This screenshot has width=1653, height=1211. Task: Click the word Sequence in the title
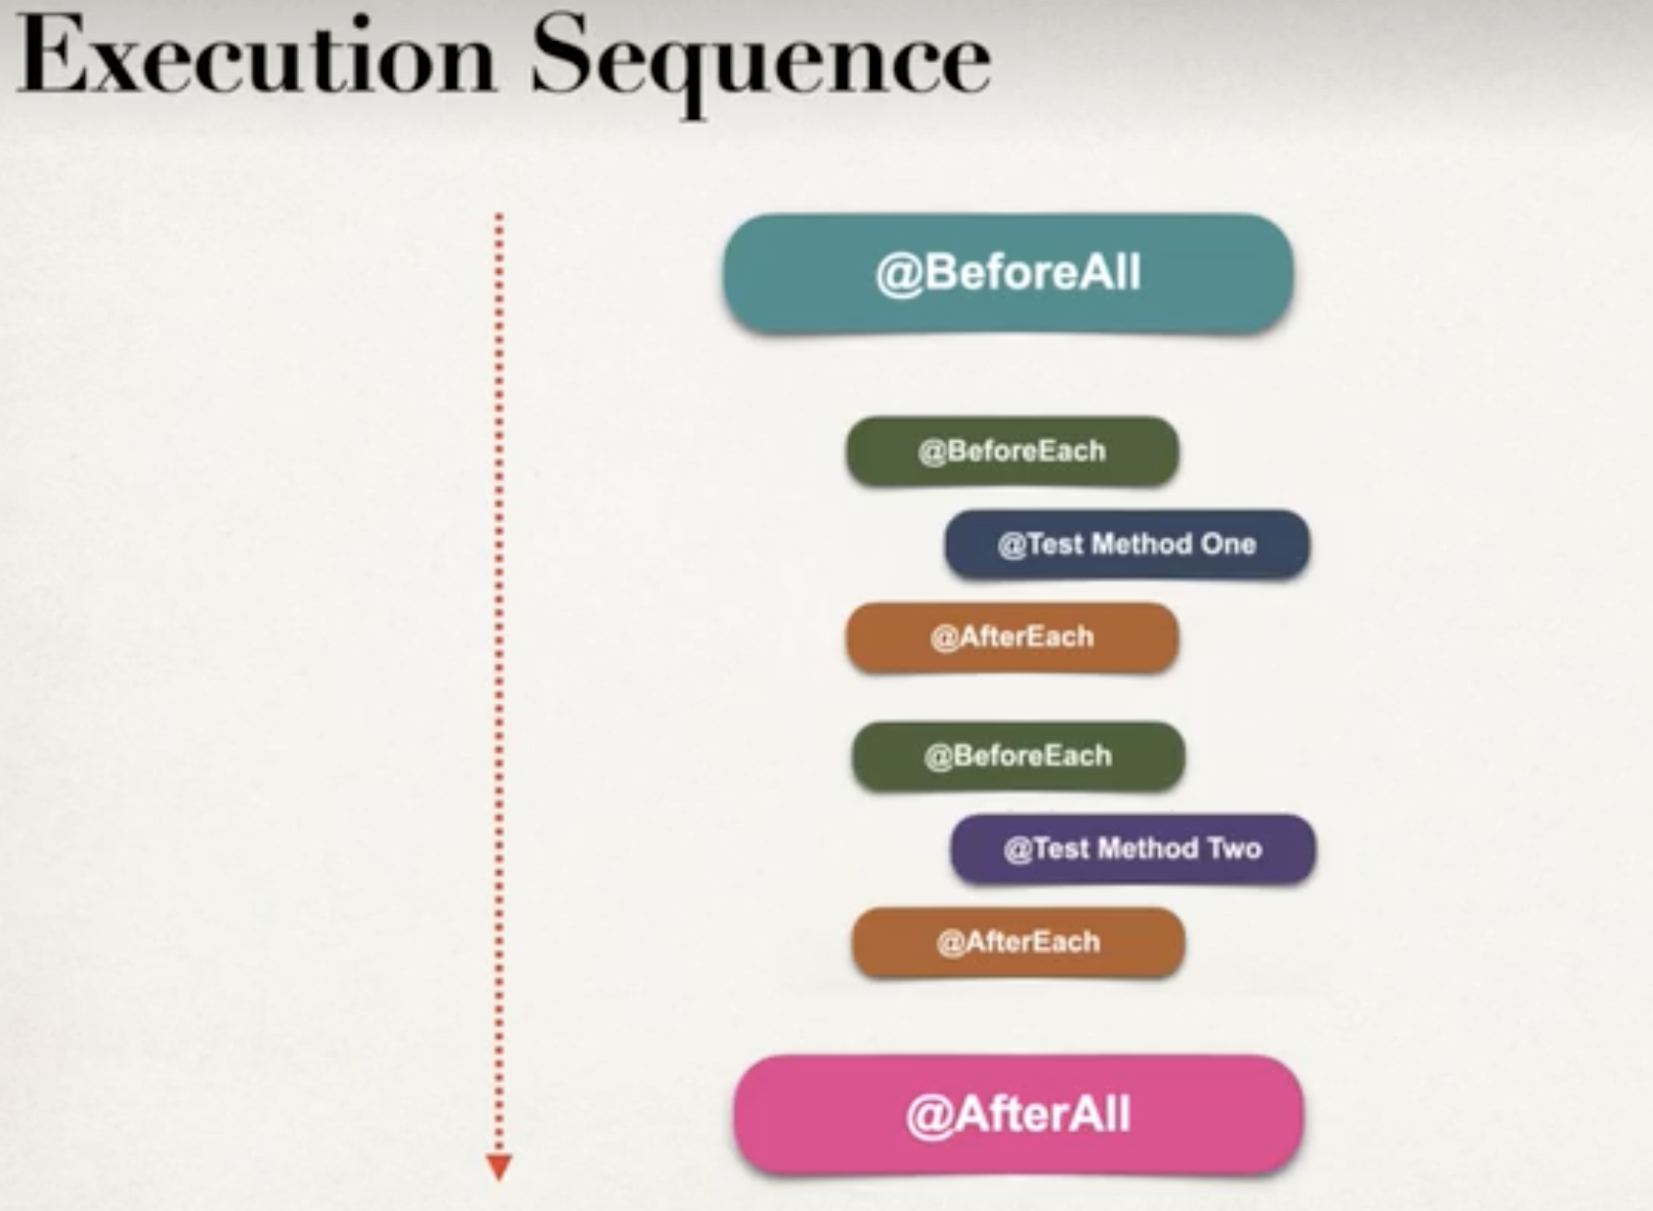tap(761, 62)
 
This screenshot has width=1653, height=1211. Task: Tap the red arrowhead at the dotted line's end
tap(499, 1167)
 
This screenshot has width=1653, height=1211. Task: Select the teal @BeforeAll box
tap(1009, 274)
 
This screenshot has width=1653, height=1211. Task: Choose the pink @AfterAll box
tap(1018, 1114)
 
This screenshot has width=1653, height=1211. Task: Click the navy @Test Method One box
tap(1127, 544)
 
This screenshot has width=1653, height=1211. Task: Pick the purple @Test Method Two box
tap(1133, 849)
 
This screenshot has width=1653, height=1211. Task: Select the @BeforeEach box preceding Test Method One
tap(1012, 451)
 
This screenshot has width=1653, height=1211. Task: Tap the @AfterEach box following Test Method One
tap(1012, 637)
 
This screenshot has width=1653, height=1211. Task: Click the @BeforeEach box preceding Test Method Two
tap(1018, 756)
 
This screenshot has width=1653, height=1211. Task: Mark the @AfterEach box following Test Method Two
tap(1018, 942)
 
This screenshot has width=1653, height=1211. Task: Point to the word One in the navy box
tap(1228, 544)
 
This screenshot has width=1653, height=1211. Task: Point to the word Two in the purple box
tap(1235, 849)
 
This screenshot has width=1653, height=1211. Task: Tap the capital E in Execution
tap(51, 55)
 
